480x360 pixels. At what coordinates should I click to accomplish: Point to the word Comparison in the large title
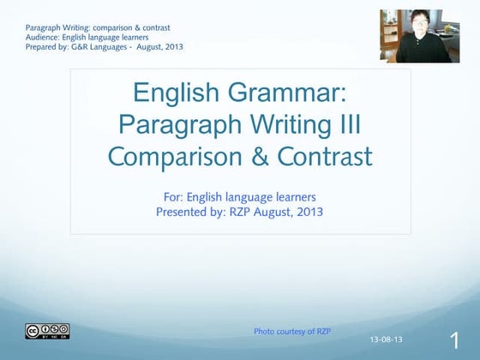(183, 157)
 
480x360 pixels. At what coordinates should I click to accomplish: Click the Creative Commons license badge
(47, 332)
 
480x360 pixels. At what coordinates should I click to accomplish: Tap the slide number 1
(454, 339)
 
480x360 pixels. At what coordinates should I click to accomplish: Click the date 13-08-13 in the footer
(387, 340)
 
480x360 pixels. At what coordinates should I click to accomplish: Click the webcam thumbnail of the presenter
(414, 36)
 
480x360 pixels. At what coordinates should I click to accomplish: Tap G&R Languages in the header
(100, 46)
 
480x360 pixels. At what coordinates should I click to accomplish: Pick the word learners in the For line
(291, 195)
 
